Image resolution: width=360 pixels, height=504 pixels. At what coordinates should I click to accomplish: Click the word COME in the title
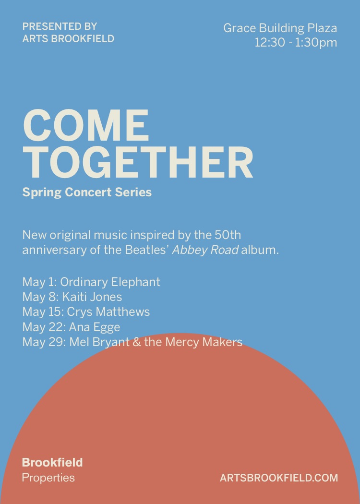tap(86, 125)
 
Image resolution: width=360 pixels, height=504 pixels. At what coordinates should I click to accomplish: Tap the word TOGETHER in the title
tap(138, 162)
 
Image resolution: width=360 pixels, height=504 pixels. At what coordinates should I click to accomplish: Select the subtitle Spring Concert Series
tap(87, 192)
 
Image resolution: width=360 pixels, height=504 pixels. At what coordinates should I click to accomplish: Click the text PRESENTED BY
tap(60, 26)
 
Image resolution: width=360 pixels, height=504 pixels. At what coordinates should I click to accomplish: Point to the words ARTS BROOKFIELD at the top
tap(69, 38)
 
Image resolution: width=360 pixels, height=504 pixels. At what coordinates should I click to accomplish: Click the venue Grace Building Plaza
tap(280, 28)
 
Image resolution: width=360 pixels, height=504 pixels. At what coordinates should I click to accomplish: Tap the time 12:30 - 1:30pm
tap(296, 43)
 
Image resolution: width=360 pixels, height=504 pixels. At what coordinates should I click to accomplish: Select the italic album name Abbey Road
tap(205, 250)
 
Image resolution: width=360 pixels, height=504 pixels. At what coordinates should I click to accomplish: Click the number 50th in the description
tap(228, 235)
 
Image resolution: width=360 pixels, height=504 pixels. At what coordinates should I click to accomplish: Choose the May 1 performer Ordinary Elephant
tap(110, 282)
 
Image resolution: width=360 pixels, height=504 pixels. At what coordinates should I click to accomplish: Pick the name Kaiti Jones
tap(92, 297)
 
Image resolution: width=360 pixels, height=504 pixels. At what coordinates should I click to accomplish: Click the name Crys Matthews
tap(108, 312)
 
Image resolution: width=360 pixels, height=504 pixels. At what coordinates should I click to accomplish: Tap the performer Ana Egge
tap(95, 327)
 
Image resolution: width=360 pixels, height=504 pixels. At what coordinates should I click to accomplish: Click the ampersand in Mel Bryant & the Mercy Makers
tap(137, 342)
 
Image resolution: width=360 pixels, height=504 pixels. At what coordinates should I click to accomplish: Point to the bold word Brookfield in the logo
tap(52, 463)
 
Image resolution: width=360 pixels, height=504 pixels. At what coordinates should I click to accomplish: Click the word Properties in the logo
tap(48, 478)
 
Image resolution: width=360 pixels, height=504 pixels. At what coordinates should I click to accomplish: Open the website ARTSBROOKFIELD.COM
tap(279, 478)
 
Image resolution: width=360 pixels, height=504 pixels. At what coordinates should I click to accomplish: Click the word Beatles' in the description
tap(147, 250)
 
